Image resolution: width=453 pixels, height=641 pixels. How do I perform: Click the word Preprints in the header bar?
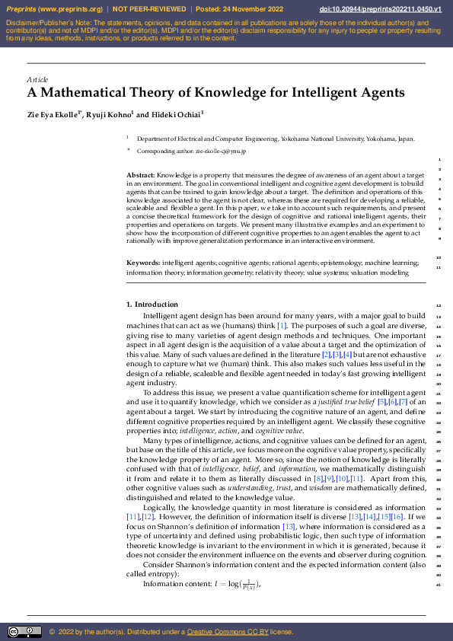22,9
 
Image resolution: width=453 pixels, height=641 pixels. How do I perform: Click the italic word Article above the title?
37,79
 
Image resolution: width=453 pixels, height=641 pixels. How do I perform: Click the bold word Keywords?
142,263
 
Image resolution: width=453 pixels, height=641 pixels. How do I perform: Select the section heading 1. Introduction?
152,305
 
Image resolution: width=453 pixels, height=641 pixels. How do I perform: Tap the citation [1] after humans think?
282,325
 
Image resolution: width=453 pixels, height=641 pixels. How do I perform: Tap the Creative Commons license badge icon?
24,631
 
